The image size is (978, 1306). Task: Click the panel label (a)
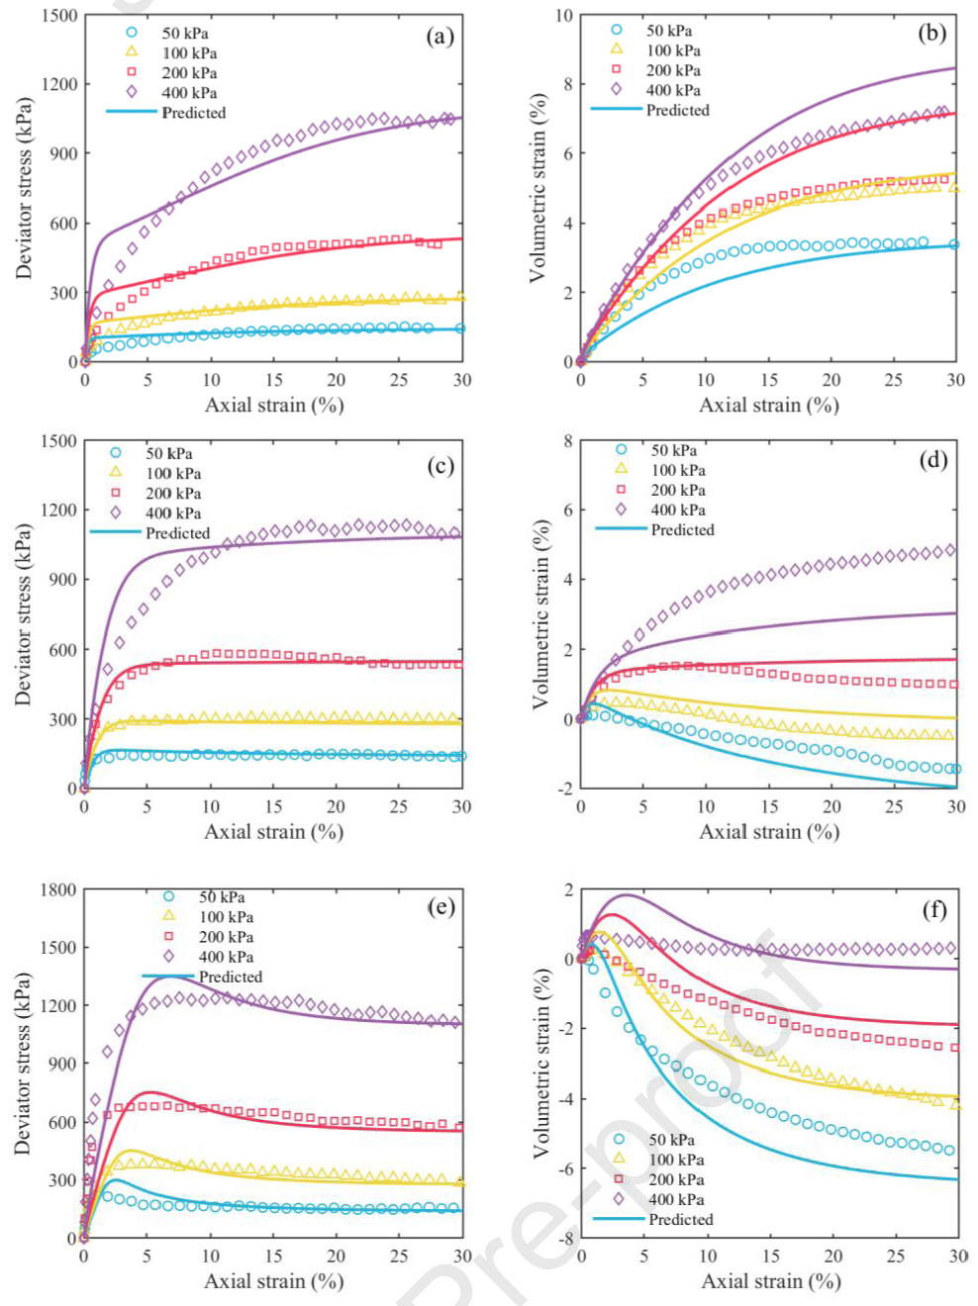pyautogui.click(x=440, y=37)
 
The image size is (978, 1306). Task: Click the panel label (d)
pyautogui.click(x=932, y=459)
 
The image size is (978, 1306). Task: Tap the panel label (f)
pyautogui.click(x=933, y=908)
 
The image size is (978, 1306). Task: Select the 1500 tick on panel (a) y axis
pyautogui.click(x=59, y=16)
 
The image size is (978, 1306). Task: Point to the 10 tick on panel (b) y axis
pyautogui.click(x=563, y=16)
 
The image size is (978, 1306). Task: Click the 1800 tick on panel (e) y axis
pyautogui.click(x=57, y=889)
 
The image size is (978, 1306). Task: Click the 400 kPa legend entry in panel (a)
pyautogui.click(x=188, y=93)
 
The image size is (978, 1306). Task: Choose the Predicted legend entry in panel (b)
pyautogui.click(x=677, y=110)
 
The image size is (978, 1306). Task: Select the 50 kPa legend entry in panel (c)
pyautogui.click(x=168, y=453)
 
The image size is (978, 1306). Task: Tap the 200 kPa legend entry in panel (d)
pyautogui.click(x=677, y=490)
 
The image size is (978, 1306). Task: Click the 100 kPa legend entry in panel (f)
pyautogui.click(x=676, y=1160)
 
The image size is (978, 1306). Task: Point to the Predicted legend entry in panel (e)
pyautogui.click(x=230, y=977)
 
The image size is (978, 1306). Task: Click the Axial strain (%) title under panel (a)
pyautogui.click(x=274, y=405)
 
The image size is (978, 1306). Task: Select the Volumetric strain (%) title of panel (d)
pyautogui.click(x=540, y=614)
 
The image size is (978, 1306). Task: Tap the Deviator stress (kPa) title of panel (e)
pyautogui.click(x=23, y=1063)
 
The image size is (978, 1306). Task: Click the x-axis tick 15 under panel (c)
pyautogui.click(x=273, y=806)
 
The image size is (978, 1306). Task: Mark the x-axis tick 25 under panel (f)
pyautogui.click(x=896, y=1256)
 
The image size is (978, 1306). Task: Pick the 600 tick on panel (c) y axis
pyautogui.click(x=61, y=650)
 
